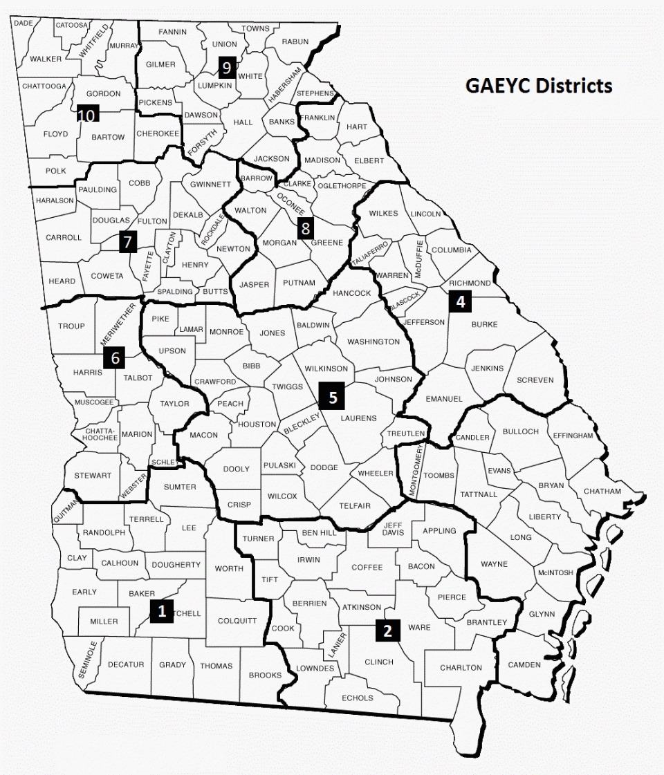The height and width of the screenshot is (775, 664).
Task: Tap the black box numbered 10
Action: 87,115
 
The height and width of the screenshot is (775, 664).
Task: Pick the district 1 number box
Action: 162,611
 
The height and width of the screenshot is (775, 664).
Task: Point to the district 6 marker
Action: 115,358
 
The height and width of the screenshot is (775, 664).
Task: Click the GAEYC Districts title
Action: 539,86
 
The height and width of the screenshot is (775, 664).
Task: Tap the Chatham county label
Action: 602,492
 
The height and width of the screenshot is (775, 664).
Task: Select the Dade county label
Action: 24,23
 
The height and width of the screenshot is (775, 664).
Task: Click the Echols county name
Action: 358,698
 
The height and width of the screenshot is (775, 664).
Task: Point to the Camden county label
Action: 524,665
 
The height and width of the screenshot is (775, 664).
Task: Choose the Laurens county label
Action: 359,418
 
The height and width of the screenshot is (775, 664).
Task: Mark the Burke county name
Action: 484,324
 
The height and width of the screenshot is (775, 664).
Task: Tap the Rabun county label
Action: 295,41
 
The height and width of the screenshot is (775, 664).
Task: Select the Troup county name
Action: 71,326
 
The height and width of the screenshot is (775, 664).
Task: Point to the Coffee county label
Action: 367,568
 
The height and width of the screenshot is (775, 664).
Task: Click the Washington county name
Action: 373,342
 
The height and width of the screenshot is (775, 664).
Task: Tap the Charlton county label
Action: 461,668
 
